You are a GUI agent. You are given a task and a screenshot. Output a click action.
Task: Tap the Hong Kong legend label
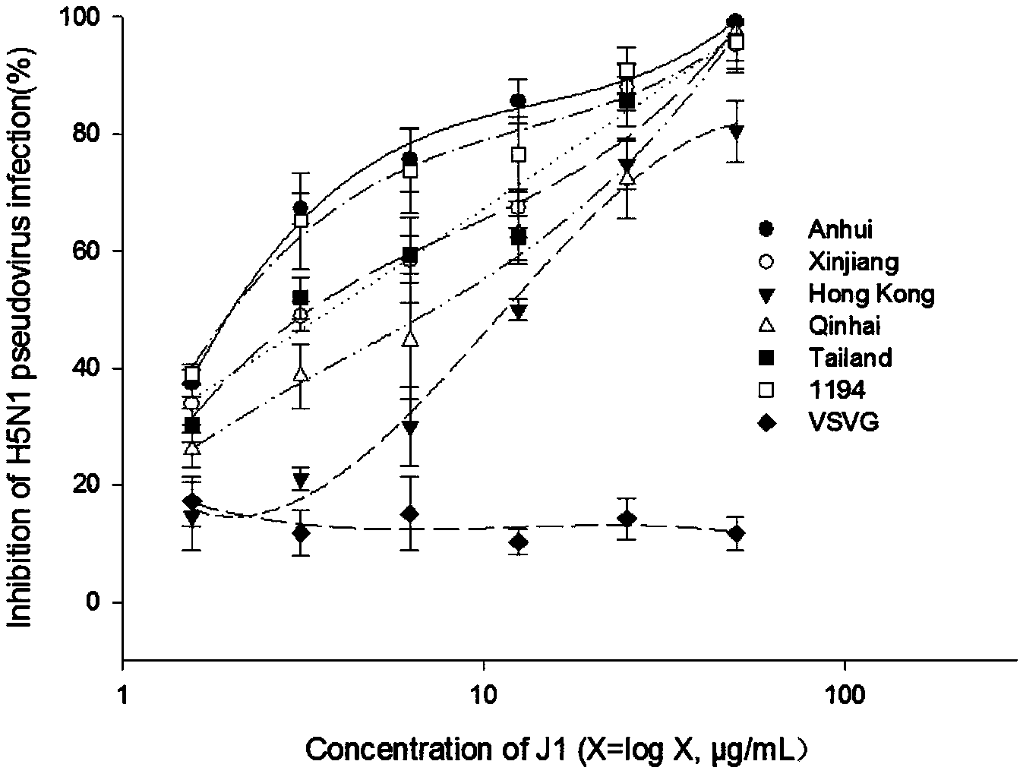tap(871, 294)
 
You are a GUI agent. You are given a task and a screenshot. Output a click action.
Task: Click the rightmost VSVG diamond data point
tap(735, 534)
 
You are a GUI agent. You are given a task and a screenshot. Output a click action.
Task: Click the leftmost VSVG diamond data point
tap(192, 501)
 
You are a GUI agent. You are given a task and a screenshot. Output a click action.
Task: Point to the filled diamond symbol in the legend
tap(766, 422)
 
